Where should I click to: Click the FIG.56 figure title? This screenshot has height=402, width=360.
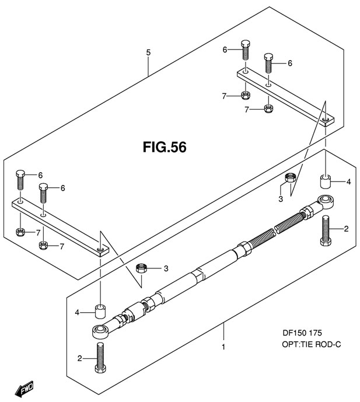click(165, 147)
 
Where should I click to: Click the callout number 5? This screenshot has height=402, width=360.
click(148, 53)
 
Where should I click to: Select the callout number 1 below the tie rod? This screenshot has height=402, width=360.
click(223, 347)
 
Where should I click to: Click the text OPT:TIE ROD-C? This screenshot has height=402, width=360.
click(312, 344)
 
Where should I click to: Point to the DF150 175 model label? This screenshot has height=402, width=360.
click(302, 333)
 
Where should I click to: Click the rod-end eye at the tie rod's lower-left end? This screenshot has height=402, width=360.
click(100, 331)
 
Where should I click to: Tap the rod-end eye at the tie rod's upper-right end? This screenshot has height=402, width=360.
click(326, 202)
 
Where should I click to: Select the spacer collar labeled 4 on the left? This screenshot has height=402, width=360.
click(101, 311)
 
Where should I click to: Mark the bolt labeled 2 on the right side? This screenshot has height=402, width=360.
click(326, 230)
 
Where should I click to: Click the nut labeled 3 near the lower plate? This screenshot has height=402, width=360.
click(141, 268)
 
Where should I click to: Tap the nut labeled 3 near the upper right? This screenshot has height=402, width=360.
click(291, 177)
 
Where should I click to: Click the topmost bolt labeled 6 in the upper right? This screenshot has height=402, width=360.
click(246, 50)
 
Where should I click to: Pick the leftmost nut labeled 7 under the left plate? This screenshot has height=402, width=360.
click(20, 233)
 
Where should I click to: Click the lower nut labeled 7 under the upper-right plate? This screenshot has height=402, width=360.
click(268, 108)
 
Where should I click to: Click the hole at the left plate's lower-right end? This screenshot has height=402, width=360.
click(100, 250)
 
